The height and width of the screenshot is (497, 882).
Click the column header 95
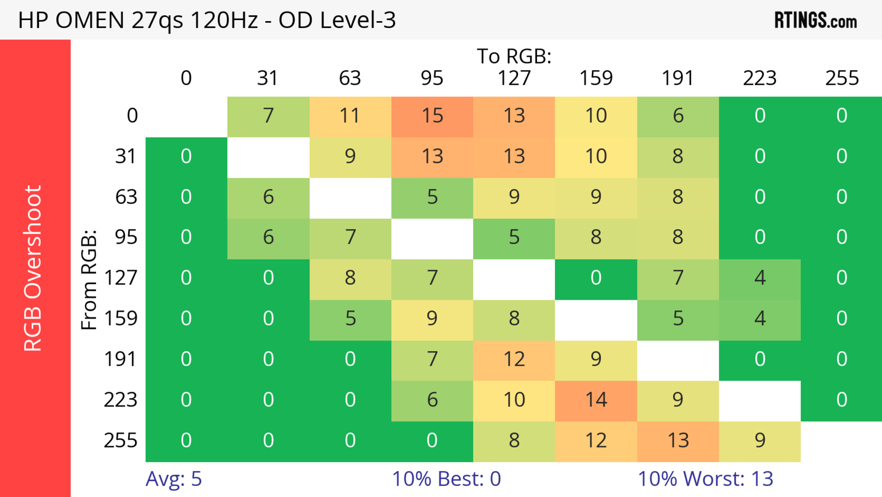click(x=432, y=78)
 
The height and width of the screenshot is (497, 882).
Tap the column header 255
click(x=842, y=78)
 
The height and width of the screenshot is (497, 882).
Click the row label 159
click(x=121, y=319)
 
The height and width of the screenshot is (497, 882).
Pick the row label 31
click(x=126, y=157)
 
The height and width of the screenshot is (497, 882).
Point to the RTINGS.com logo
click(x=816, y=20)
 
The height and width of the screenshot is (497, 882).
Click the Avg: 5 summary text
click(x=174, y=479)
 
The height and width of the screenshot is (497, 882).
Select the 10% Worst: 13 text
click(x=705, y=479)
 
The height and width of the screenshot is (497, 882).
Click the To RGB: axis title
click(x=514, y=56)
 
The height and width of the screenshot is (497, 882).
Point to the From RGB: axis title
click(x=89, y=280)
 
